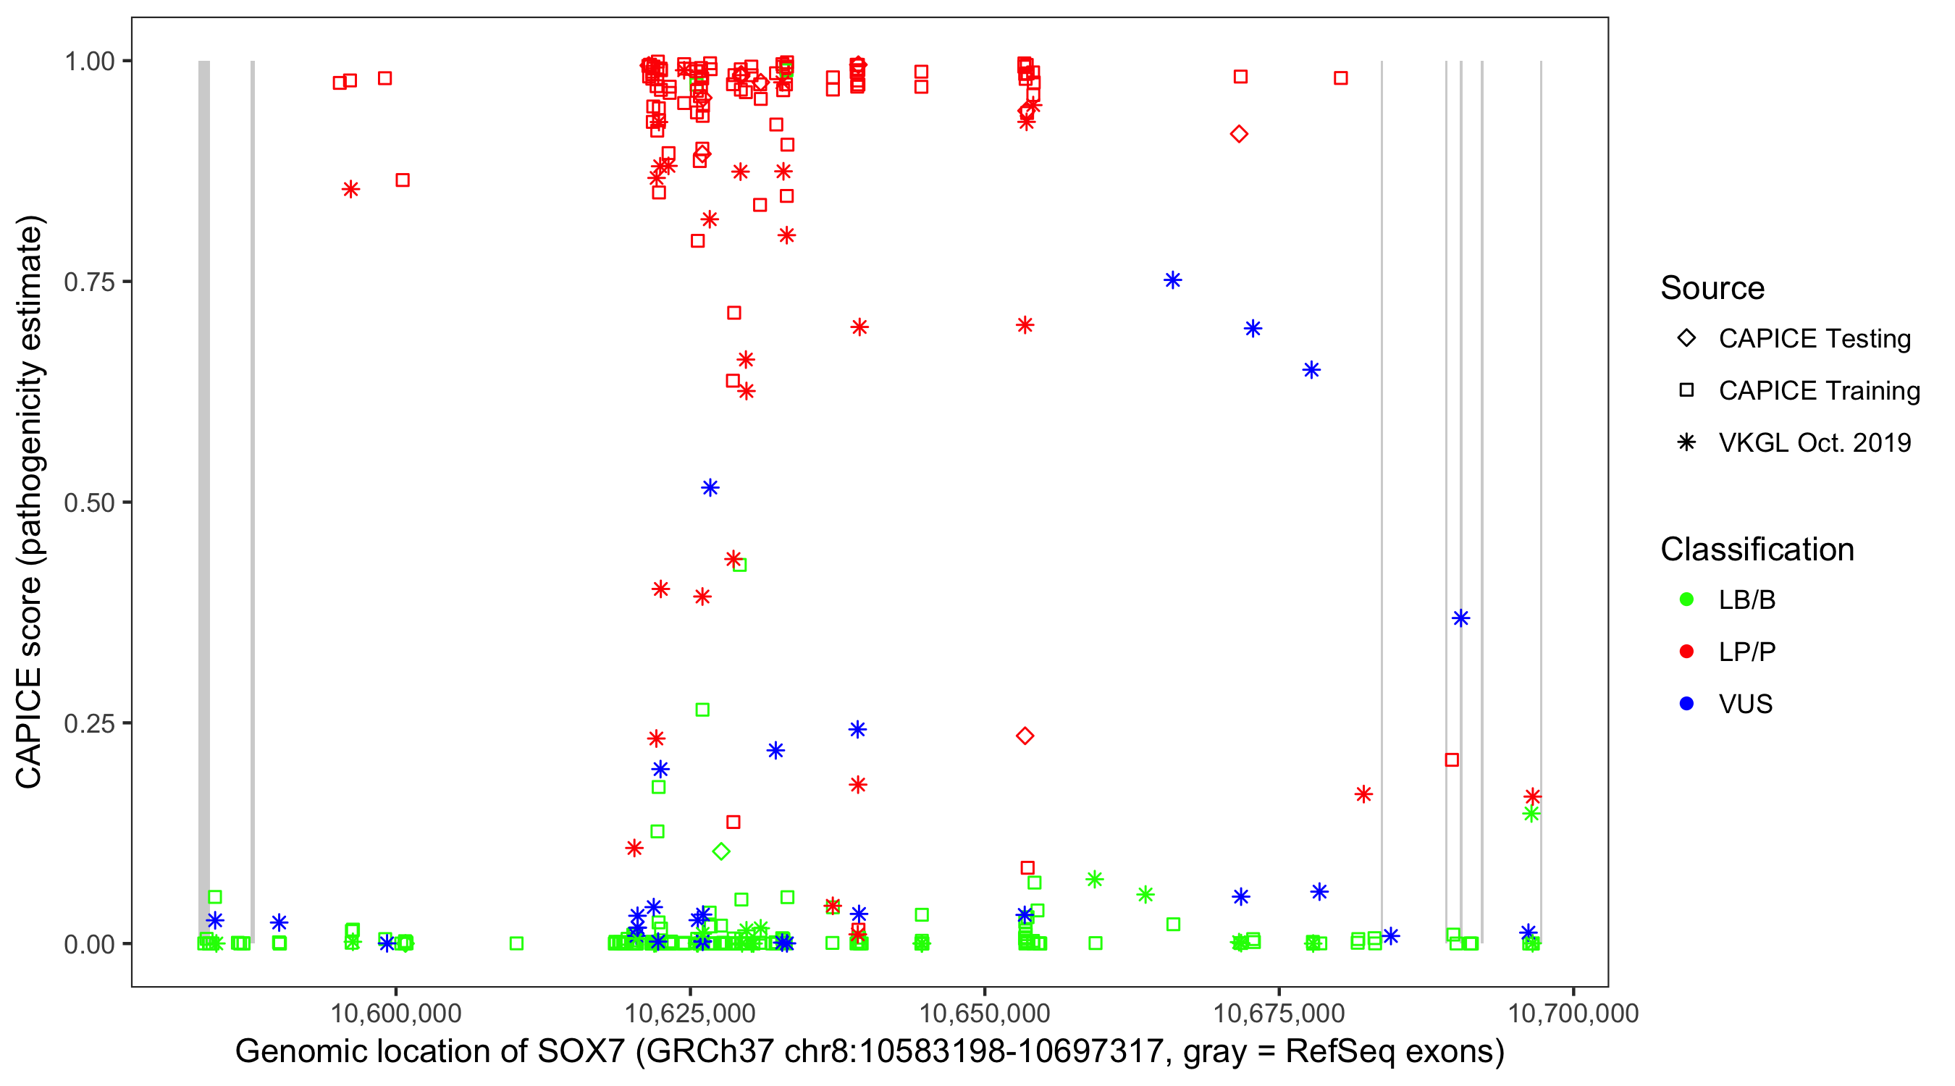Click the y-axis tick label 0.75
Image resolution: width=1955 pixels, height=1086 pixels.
coord(88,282)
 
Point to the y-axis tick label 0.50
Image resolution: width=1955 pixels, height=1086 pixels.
coord(88,502)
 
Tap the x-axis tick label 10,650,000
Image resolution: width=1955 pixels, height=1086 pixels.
coord(984,1013)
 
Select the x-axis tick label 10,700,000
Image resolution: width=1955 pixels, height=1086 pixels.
coord(1573,1013)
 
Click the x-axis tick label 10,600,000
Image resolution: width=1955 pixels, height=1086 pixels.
coord(395,1013)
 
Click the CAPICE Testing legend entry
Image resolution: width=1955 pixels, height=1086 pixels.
coord(1814,339)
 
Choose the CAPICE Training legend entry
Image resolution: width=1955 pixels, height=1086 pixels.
coord(1818,391)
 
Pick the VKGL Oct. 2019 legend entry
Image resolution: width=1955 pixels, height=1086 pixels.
coord(1814,442)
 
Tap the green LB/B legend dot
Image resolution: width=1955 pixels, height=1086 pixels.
coord(1686,599)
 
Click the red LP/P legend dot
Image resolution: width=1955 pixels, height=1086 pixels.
coord(1686,652)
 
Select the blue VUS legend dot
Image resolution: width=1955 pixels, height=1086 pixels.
coord(1686,704)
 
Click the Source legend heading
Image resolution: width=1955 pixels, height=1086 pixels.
coord(1712,288)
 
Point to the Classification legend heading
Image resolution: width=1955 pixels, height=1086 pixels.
coord(1757,550)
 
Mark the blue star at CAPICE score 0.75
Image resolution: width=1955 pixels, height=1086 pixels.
coord(1172,280)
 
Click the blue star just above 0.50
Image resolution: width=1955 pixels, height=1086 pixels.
coord(710,487)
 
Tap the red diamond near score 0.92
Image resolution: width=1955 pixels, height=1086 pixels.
coord(1239,135)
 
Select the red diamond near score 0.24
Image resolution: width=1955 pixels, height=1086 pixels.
coord(1025,736)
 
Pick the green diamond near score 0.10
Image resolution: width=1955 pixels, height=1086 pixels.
coord(721,851)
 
